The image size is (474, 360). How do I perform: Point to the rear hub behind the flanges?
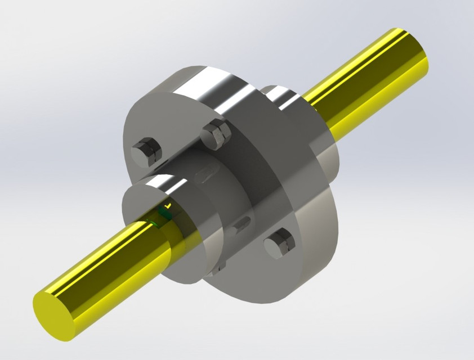(281, 96)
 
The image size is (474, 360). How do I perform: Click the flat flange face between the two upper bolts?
(180, 135)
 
